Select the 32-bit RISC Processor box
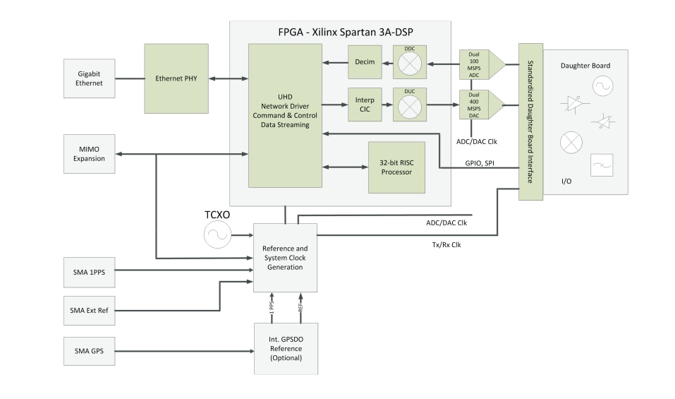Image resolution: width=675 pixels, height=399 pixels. click(397, 167)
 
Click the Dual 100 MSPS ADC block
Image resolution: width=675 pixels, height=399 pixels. click(473, 64)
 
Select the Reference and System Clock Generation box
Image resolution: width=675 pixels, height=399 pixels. click(285, 258)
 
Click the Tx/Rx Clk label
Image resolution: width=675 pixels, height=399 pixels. click(445, 244)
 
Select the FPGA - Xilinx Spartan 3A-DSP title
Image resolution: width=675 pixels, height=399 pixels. click(340, 32)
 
